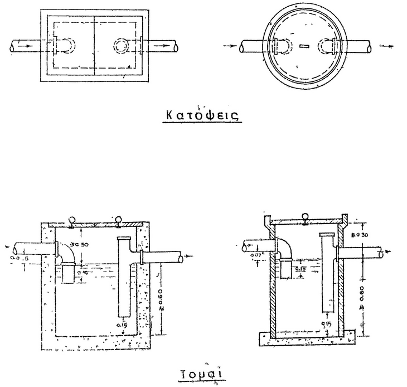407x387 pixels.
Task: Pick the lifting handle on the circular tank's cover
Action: (304, 219)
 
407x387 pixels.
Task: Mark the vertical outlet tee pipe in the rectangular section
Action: (124, 276)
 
